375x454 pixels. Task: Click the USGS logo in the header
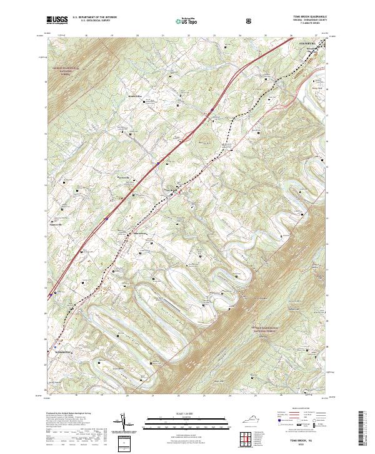point(57,20)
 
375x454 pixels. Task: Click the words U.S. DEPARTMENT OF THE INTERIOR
point(94,18)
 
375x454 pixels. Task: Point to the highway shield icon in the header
point(232,20)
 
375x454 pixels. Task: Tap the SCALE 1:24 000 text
point(187,413)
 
